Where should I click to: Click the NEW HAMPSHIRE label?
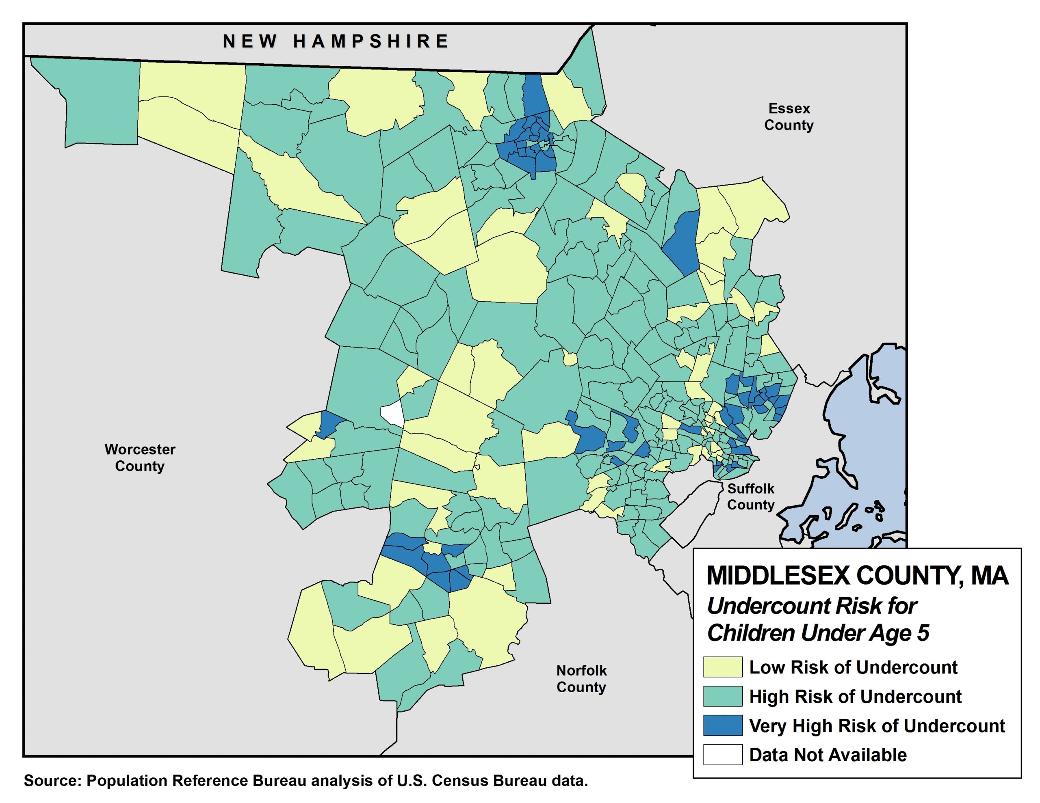[x=336, y=41]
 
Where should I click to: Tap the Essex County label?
[x=789, y=117]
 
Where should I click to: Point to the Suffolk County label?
[x=750, y=496]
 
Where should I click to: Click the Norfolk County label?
[x=581, y=679]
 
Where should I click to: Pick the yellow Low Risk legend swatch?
[x=722, y=667]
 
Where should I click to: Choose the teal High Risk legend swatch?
[x=722, y=696]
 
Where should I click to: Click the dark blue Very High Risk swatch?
[x=722, y=725]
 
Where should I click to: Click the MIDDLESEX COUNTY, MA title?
[x=857, y=576]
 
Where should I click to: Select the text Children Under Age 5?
[x=818, y=633]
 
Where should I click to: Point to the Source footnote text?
[x=306, y=781]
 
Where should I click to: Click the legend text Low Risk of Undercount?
[x=853, y=667]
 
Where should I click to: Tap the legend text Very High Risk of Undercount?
[x=877, y=726]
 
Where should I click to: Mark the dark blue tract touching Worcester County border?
[x=329, y=423]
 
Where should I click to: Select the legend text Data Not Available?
[x=828, y=756]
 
